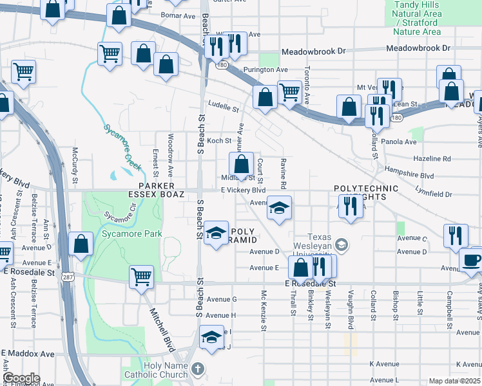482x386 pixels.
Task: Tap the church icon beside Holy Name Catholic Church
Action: pos(198,369)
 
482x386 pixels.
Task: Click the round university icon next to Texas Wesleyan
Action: pos(342,244)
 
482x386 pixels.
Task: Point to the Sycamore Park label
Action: pos(132,234)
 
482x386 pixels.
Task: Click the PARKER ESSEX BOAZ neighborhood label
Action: pos(157,190)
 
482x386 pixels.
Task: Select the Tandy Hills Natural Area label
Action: pos(417,18)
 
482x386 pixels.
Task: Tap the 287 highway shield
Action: pos(68,277)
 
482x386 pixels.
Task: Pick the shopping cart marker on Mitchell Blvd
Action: pos(141,277)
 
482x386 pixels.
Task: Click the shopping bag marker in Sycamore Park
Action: pos(81,244)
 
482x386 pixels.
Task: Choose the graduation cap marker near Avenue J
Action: pos(211,337)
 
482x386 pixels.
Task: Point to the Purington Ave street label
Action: pos(265,69)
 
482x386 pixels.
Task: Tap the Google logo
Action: pos(22,378)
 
